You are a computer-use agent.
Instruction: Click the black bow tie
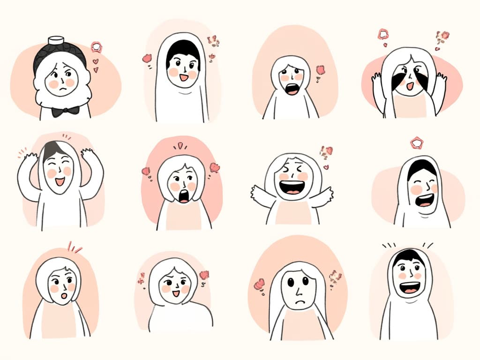65,111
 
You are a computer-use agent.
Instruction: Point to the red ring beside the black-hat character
96,47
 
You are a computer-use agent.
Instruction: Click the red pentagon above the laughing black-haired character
416,142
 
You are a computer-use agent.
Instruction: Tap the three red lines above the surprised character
74,247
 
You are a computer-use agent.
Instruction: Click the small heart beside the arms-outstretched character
326,167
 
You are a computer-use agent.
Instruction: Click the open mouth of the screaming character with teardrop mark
184,196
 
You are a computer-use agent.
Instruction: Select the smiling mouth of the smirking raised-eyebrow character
176,293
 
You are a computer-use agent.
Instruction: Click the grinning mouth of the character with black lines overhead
409,287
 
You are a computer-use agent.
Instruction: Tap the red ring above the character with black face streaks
383,34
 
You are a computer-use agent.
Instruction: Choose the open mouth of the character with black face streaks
409,86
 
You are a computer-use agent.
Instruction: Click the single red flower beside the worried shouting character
321,70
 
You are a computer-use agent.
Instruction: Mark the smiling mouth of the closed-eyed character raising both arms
60,180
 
